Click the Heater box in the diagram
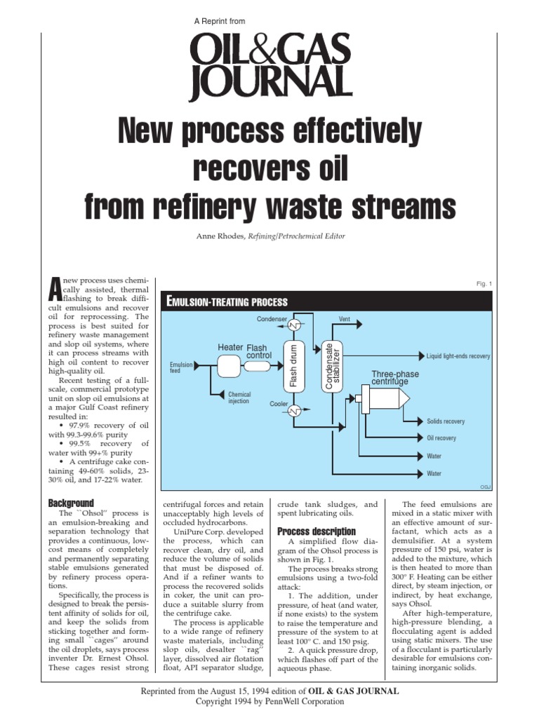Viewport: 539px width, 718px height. pos(229,365)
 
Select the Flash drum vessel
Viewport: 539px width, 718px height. pos(294,367)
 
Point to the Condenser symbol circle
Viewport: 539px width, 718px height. pos(296,325)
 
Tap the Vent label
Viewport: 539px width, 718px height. pos(345,319)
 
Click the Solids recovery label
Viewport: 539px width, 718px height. pos(446,421)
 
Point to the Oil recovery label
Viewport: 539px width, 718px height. pos(441,438)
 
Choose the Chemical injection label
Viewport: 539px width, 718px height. pos(239,399)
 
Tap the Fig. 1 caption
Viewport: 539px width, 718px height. pos(484,284)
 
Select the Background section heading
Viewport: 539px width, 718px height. pos(71,503)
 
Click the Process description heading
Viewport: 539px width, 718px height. pos(317,531)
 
